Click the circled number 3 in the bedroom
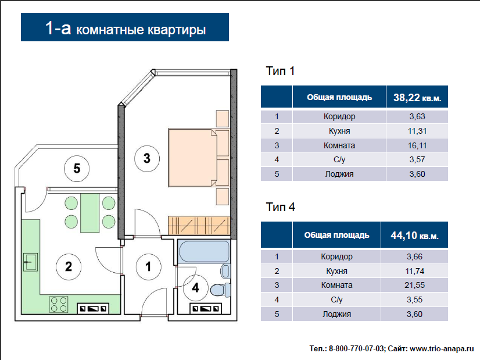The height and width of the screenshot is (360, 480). [x=147, y=158]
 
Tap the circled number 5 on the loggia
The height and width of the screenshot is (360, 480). [x=77, y=169]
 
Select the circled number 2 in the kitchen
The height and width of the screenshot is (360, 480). [x=68, y=266]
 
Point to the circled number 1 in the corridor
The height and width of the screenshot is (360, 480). [x=148, y=266]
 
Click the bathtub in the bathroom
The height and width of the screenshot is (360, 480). [x=204, y=252]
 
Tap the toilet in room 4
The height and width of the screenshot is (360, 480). [x=220, y=290]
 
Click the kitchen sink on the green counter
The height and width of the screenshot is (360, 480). [x=30, y=262]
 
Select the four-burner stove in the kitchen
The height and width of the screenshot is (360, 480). [x=59, y=304]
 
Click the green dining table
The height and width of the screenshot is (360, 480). [x=90, y=213]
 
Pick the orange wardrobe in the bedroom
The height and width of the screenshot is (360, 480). [x=199, y=226]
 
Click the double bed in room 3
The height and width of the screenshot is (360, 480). [x=199, y=158]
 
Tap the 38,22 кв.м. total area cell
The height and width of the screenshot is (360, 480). [x=417, y=98]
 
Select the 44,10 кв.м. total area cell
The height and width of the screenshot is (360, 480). [x=414, y=236]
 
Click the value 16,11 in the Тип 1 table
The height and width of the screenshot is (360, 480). [x=417, y=145]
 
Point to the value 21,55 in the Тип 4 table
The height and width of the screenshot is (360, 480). [x=414, y=285]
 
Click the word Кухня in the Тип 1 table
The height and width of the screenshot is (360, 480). [x=339, y=131]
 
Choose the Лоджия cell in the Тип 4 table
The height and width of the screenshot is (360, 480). [x=336, y=314]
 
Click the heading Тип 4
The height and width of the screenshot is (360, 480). [x=280, y=207]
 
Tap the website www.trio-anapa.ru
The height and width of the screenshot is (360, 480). [x=442, y=349]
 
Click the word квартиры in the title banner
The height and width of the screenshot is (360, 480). [x=177, y=30]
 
